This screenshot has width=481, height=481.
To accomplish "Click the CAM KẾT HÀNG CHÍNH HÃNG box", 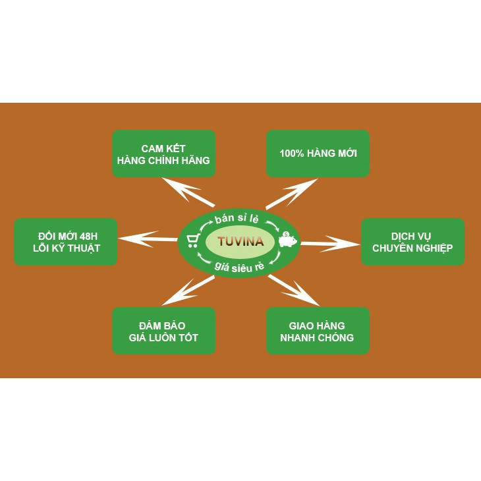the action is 163,154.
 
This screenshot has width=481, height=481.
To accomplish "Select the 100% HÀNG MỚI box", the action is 318,154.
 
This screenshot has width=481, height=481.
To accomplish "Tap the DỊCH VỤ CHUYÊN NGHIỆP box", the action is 412,242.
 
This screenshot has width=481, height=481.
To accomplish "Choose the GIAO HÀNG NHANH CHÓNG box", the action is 318,331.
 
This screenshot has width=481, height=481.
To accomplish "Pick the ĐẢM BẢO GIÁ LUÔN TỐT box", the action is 163,331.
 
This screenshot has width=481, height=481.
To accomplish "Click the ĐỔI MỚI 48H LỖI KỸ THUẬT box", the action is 65,242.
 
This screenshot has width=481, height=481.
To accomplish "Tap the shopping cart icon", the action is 194,240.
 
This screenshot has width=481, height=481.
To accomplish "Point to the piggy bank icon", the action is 287,240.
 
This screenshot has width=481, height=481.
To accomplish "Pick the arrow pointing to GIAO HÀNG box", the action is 294,289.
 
